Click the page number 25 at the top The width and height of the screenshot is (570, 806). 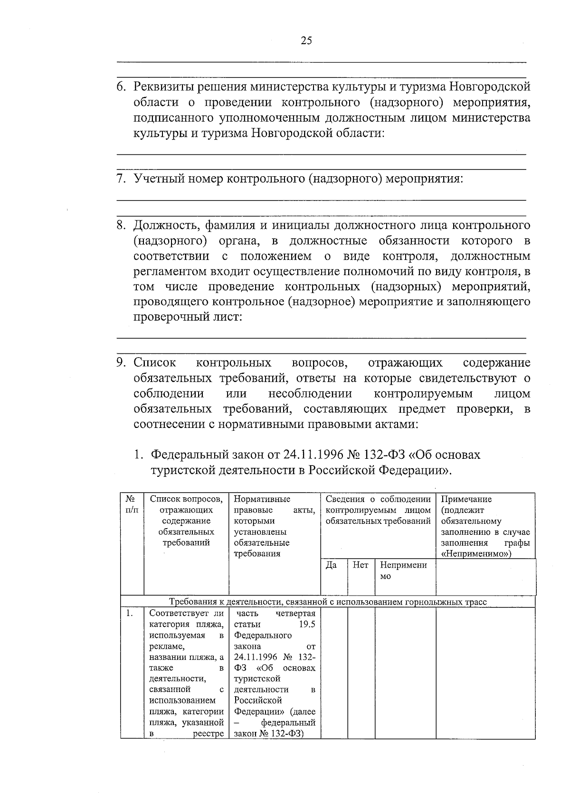pyautogui.click(x=306, y=41)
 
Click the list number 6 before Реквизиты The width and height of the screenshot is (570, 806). pyautogui.click(x=121, y=87)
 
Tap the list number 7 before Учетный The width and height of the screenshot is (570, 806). pyautogui.click(x=121, y=180)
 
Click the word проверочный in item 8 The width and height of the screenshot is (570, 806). pyautogui.click(x=166, y=317)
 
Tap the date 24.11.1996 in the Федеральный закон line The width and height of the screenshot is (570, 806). pyautogui.click(x=313, y=455)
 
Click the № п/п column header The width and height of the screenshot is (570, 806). pyautogui.click(x=132, y=505)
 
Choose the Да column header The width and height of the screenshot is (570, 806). pyautogui.click(x=332, y=565)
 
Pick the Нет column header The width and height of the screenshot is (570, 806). pyautogui.click(x=361, y=565)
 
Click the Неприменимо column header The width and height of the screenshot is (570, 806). pyautogui.click(x=403, y=570)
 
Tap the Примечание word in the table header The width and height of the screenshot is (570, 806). pyautogui.click(x=466, y=499)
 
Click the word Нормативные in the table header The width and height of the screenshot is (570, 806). pyautogui.click(x=262, y=499)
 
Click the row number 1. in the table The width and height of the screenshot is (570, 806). pyautogui.click(x=129, y=614)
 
